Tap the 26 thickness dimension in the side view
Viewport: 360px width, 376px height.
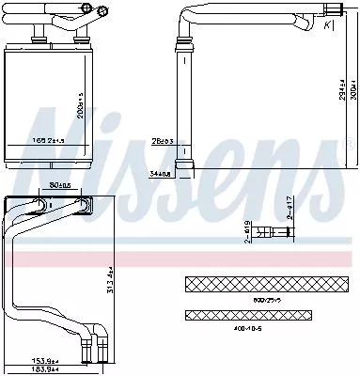click(163, 142)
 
